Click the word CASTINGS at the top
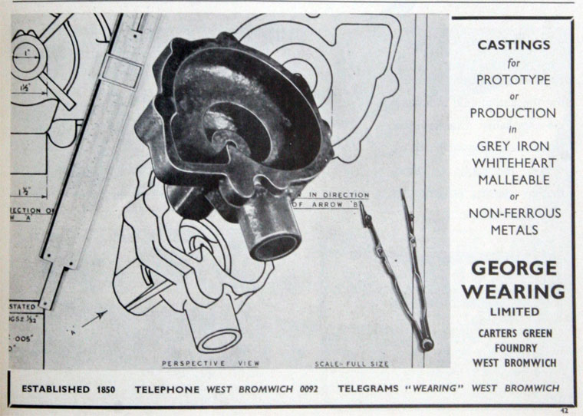click(x=513, y=45)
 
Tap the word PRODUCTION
click(x=513, y=112)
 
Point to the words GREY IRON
click(x=513, y=146)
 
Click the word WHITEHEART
click(x=513, y=163)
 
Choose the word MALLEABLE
click(x=513, y=180)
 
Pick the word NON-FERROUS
click(x=514, y=213)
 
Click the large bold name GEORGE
click(x=513, y=269)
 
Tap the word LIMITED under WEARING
click(x=514, y=312)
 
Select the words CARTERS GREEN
click(x=514, y=334)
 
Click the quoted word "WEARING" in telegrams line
click(x=438, y=389)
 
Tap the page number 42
click(x=565, y=410)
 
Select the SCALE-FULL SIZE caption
click(x=352, y=363)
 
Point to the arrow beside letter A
click(x=94, y=318)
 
